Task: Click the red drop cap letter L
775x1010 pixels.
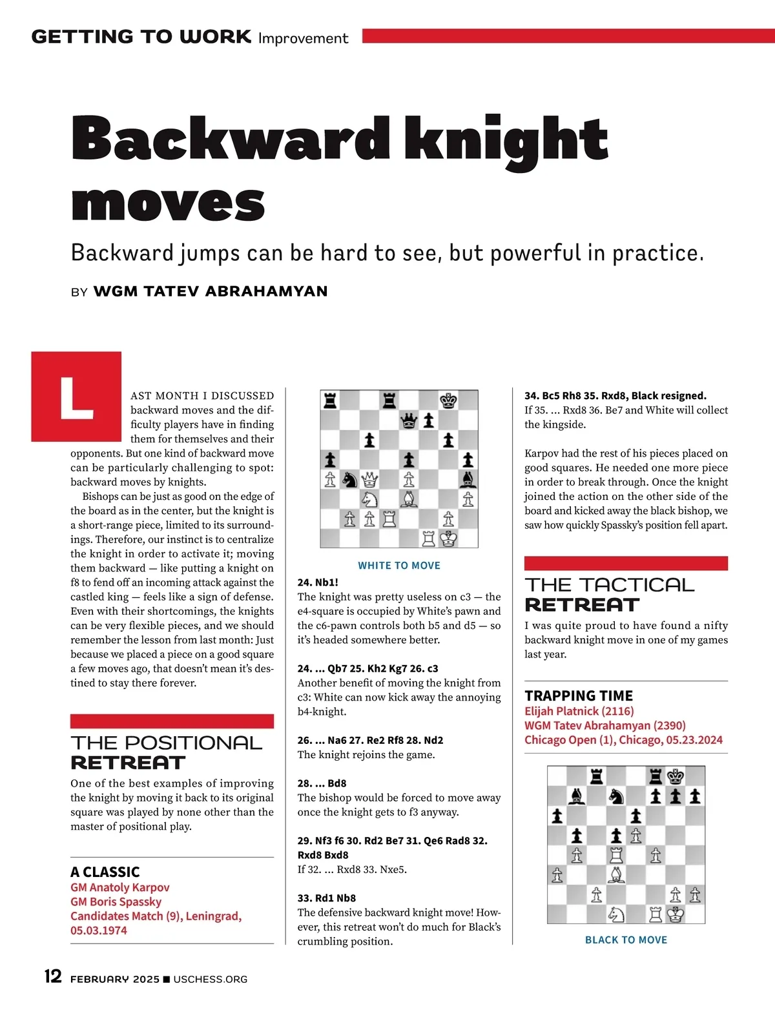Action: pyautogui.click(x=76, y=397)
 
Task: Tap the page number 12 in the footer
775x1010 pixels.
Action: pyautogui.click(x=53, y=976)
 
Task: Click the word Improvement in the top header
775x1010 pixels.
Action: pyautogui.click(x=303, y=39)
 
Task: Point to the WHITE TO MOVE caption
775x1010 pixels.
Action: pyautogui.click(x=399, y=566)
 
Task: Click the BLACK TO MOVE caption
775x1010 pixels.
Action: pyautogui.click(x=626, y=940)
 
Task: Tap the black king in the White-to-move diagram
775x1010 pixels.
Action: pyautogui.click(x=448, y=401)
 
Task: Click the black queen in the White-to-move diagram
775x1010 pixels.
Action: pyautogui.click(x=409, y=421)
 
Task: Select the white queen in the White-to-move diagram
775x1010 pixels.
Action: pyautogui.click(x=369, y=480)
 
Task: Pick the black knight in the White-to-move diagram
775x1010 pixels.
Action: pyautogui.click(x=349, y=480)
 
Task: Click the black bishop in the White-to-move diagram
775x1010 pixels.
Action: pyautogui.click(x=468, y=480)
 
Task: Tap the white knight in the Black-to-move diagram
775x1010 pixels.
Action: pyautogui.click(x=616, y=914)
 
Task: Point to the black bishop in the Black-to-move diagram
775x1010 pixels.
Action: pyautogui.click(x=577, y=796)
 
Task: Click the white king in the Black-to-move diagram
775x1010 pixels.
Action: pyautogui.click(x=676, y=914)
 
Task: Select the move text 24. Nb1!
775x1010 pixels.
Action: pyautogui.click(x=318, y=582)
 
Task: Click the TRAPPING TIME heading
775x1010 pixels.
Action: pyautogui.click(x=579, y=696)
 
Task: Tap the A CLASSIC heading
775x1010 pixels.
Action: pyautogui.click(x=105, y=872)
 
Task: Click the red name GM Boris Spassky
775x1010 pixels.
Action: pyautogui.click(x=116, y=902)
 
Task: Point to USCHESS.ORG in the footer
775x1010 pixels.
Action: pyautogui.click(x=210, y=980)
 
